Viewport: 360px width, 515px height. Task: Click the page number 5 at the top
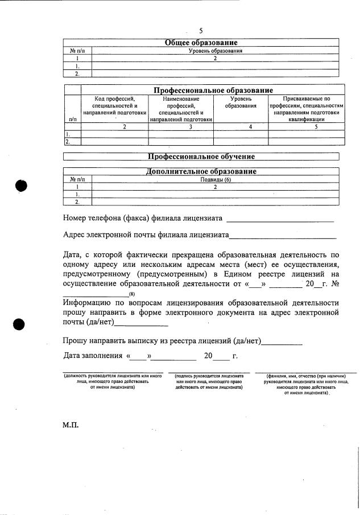coord(201,31)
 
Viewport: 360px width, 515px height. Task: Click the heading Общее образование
coord(201,43)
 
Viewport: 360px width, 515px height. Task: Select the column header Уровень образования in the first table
coord(216,51)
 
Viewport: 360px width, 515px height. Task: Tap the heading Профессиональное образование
coord(213,90)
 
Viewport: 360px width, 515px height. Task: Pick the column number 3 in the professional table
coord(181,127)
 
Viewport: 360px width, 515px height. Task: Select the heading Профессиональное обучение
coord(201,156)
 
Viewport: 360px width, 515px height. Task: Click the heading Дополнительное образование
coord(201,171)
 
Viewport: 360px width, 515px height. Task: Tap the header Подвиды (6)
coord(216,179)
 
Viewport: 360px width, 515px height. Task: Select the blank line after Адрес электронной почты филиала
coord(282,236)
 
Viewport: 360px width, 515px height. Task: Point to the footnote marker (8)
coord(131,294)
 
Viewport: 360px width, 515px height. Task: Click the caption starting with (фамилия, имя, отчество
coord(306,384)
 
